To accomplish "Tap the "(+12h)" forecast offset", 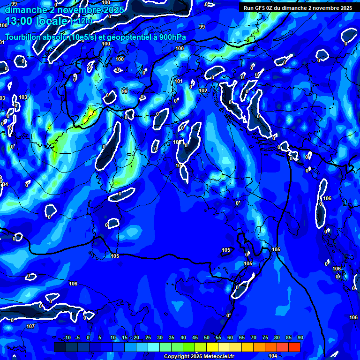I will pyautogui.click(x=82, y=21).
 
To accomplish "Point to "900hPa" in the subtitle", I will pyautogui.click(x=171, y=37).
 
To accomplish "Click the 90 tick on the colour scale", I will pyautogui.click(x=300, y=338).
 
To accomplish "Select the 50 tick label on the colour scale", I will pyautogui.click(x=207, y=338).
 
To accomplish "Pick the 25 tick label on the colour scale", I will pyautogui.click(x=148, y=338).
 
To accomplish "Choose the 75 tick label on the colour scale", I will pyautogui.click(x=265, y=338).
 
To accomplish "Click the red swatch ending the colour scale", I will pyautogui.click(x=294, y=347).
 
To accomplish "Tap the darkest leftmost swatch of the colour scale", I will pyautogui.click(x=60, y=347).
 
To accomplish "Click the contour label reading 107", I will pyautogui.click(x=30, y=326).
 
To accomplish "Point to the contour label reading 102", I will pyautogui.click(x=203, y=90).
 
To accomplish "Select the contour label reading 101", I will pyautogui.click(x=179, y=81).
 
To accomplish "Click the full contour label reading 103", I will pyautogui.click(x=23, y=97).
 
